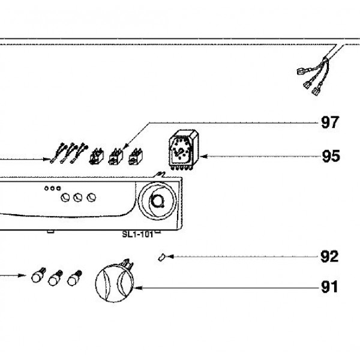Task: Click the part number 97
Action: [x=330, y=123]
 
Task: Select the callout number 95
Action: [x=330, y=157]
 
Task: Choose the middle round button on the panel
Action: [x=78, y=197]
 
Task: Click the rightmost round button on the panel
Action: [x=91, y=197]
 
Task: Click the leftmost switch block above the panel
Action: [x=94, y=157]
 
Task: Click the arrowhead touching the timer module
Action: [x=200, y=157]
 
